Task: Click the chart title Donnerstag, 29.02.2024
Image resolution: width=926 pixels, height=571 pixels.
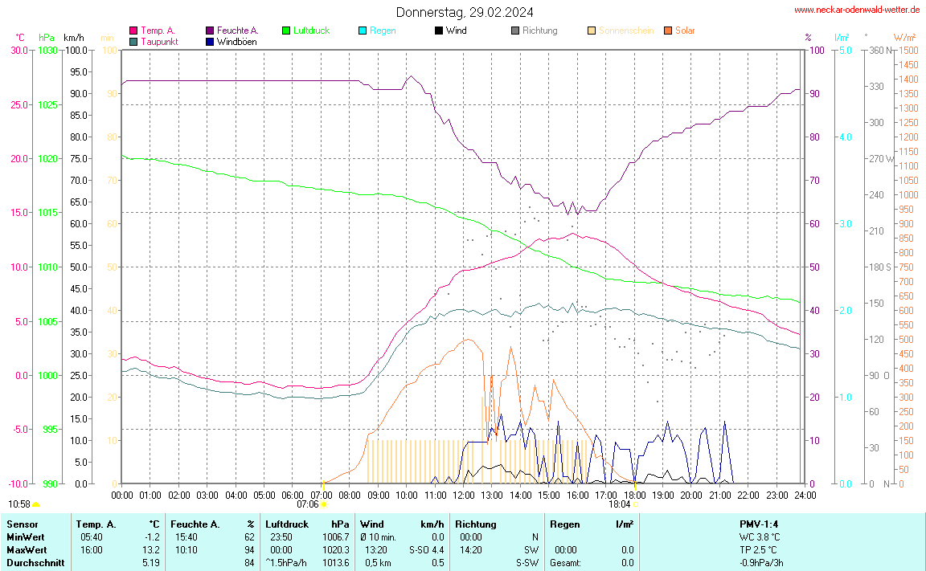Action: (x=464, y=12)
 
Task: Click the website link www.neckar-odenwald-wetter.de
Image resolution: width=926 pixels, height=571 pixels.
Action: (x=856, y=10)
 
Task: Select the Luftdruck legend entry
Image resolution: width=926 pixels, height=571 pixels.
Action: (x=311, y=31)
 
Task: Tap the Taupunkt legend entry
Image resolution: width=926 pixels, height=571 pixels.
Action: (x=159, y=41)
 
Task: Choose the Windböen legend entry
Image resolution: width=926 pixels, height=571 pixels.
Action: (x=237, y=41)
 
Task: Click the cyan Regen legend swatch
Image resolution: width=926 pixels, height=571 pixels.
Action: (x=363, y=31)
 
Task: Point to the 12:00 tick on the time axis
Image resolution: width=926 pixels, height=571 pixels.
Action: (x=463, y=495)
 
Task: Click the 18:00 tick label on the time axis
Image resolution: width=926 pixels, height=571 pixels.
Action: (x=633, y=495)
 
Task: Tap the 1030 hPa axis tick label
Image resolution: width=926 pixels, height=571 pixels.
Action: (x=48, y=51)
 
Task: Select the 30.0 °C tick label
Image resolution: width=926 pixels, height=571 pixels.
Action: (x=18, y=51)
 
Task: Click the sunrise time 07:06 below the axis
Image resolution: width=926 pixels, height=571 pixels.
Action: (x=308, y=504)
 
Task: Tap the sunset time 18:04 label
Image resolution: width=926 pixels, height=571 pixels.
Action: (x=619, y=504)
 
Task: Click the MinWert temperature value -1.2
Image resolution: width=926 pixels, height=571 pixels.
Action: (x=151, y=536)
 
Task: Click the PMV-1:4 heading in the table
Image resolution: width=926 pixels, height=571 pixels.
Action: (x=760, y=524)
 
